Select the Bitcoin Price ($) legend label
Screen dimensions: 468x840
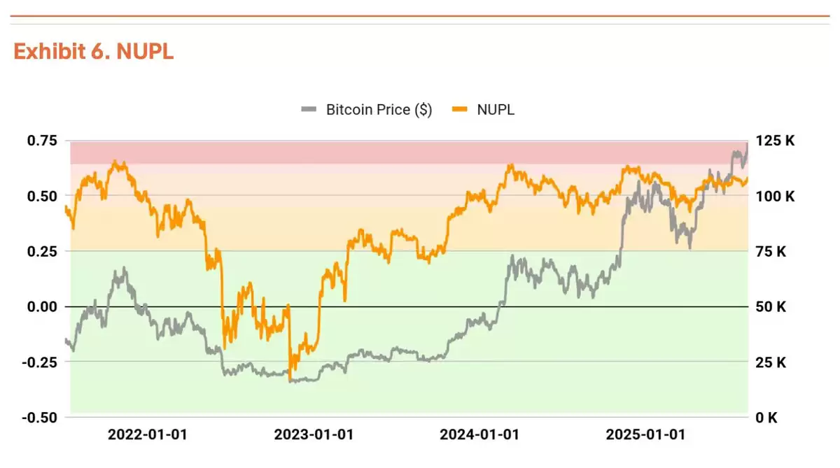pyautogui.click(x=379, y=110)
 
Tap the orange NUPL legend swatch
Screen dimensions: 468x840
pyautogui.click(x=460, y=110)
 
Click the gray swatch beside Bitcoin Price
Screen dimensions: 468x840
pyautogui.click(x=309, y=110)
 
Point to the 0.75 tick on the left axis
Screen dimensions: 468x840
pyautogui.click(x=42, y=141)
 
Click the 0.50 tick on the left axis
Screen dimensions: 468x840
pyautogui.click(x=42, y=196)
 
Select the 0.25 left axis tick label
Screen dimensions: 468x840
pyautogui.click(x=42, y=251)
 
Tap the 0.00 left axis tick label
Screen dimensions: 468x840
pyautogui.click(x=42, y=306)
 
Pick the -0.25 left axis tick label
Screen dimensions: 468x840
pyautogui.click(x=40, y=362)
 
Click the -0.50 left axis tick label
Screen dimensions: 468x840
pyautogui.click(x=40, y=418)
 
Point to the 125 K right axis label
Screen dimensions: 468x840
pyautogui.click(x=776, y=141)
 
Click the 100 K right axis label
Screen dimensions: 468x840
pyautogui.click(x=776, y=196)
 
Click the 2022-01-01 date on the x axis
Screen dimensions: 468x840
pyautogui.click(x=147, y=434)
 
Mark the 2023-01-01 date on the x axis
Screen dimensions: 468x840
pyautogui.click(x=313, y=434)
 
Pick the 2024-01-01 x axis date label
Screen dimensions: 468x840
pyautogui.click(x=479, y=434)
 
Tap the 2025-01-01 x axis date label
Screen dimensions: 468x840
pyautogui.click(x=645, y=434)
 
